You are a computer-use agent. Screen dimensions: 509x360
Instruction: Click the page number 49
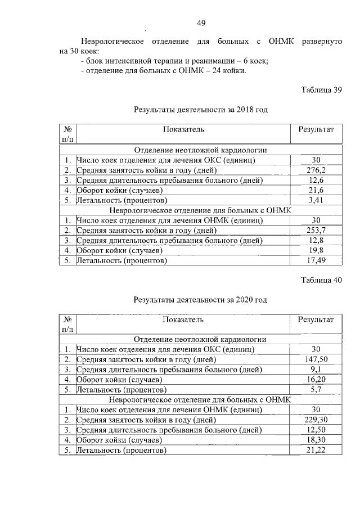click(201, 23)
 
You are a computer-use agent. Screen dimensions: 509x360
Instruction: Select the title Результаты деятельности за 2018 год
click(200, 110)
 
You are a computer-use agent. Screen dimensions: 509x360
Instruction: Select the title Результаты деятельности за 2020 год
click(200, 300)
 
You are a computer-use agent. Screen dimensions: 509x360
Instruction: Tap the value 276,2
click(316, 170)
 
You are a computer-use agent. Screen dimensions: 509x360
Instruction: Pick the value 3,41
click(316, 200)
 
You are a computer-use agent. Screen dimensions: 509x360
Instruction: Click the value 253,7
click(316, 231)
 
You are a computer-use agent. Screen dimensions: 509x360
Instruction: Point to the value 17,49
click(316, 260)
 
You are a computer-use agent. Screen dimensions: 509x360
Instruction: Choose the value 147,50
click(316, 359)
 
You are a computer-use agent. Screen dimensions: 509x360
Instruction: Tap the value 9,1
click(316, 370)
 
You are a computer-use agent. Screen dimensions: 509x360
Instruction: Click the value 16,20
click(316, 380)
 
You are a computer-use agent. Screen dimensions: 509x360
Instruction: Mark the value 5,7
click(316, 390)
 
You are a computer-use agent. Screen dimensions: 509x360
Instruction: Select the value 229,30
click(316, 420)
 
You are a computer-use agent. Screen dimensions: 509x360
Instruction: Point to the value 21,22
click(316, 451)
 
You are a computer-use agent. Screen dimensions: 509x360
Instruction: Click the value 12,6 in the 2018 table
click(316, 180)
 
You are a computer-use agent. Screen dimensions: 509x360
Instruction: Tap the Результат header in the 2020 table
click(316, 320)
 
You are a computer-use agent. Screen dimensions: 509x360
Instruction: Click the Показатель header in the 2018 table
click(183, 130)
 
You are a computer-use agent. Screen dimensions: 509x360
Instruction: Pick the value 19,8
click(316, 250)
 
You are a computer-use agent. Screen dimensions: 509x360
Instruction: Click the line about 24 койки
click(164, 71)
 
